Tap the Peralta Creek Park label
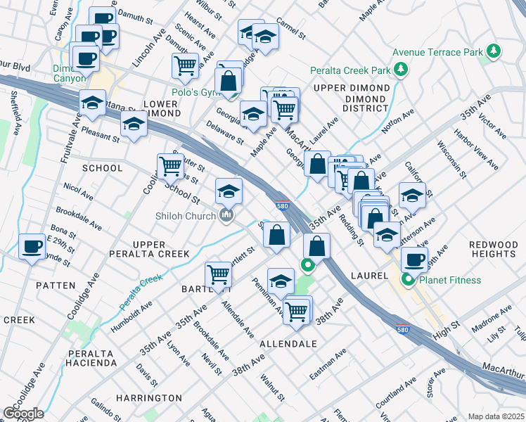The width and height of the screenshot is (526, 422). point(349,70)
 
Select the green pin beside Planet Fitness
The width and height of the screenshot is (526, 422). point(406,280)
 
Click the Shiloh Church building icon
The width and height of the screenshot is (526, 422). point(226,215)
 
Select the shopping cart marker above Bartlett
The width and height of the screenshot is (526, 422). point(218,275)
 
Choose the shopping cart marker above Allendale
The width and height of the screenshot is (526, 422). point(296,310)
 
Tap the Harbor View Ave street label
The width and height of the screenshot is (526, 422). point(476,149)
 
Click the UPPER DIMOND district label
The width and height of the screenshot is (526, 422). point(350,88)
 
